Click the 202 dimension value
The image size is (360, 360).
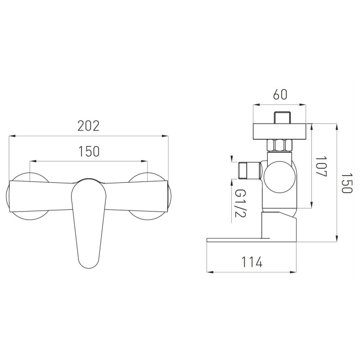(88, 126)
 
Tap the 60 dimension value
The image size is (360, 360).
(280, 94)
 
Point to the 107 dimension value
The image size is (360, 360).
(321, 166)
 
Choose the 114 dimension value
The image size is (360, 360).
(252, 262)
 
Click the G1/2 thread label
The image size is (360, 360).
(240, 204)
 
